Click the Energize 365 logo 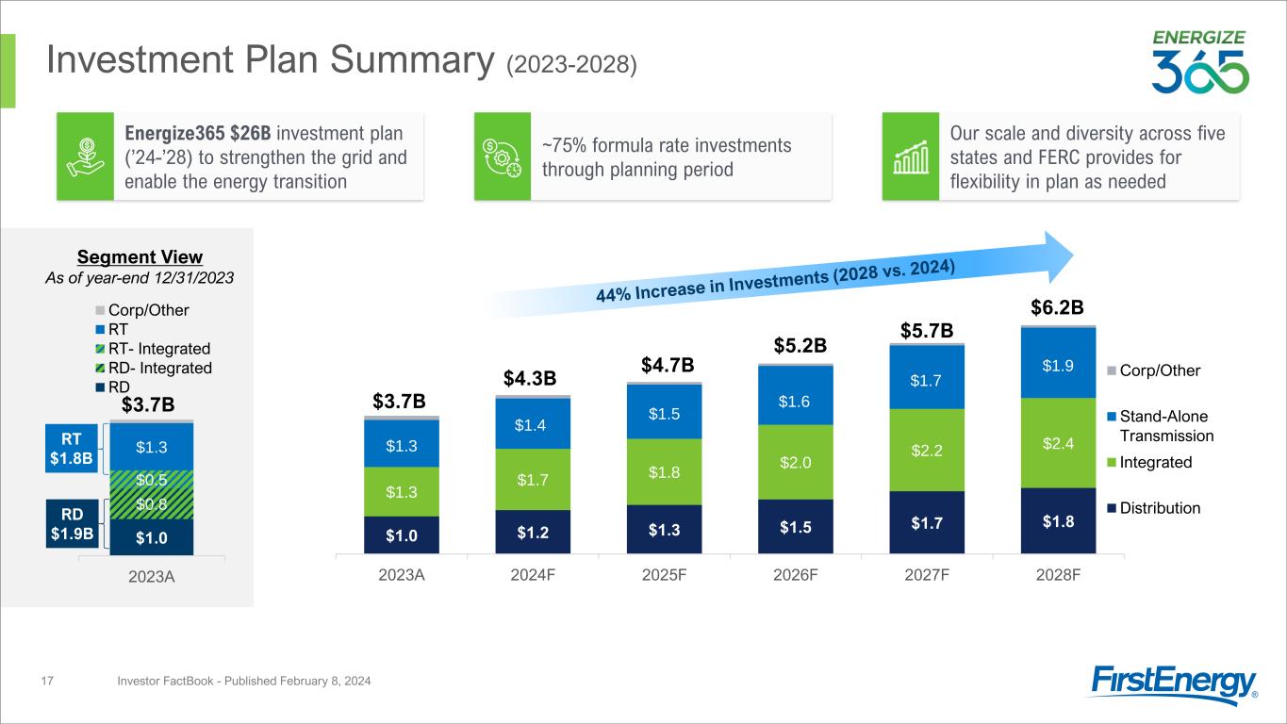[1199, 62]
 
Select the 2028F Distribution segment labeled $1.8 [1065, 520]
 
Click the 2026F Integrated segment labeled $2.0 [801, 461]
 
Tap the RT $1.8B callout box [72, 448]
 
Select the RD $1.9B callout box [72, 523]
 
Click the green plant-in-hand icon [84, 156]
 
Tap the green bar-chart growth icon [910, 156]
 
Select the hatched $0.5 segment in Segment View [152, 480]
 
